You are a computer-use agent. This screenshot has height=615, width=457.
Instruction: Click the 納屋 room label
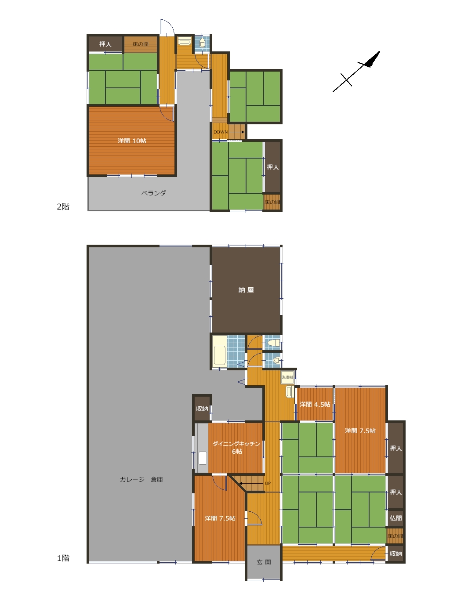[x=246, y=290]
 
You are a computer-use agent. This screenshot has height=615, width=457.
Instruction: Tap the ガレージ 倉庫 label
[x=141, y=479]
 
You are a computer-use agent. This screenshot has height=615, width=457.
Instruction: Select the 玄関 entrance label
[x=264, y=562]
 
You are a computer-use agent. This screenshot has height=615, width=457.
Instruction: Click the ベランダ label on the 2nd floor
[x=153, y=193]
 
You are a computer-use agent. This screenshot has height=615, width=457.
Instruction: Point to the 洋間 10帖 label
[x=132, y=141]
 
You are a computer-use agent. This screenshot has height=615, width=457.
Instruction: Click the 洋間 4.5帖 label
[x=315, y=405]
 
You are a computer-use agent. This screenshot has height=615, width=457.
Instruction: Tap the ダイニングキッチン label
[x=236, y=444]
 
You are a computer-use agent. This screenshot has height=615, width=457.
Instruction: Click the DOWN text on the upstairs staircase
[x=221, y=132]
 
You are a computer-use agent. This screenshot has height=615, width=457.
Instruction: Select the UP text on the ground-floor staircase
[x=268, y=484]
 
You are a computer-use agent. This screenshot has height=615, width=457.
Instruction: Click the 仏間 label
[x=395, y=518]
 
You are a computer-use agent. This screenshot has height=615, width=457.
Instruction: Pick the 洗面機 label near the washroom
[x=287, y=377]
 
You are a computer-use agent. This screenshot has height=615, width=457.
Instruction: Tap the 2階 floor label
[x=63, y=207]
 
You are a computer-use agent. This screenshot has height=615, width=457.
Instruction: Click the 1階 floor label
[x=63, y=558]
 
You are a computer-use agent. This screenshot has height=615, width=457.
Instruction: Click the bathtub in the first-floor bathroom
[x=219, y=356]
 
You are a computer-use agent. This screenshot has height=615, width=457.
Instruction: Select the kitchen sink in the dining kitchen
[x=203, y=458]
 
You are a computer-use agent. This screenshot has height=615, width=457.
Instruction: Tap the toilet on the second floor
[x=202, y=43]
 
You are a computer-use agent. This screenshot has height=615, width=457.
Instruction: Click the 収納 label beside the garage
[x=202, y=409]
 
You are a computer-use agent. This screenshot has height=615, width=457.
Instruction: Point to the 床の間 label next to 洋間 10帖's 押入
[x=141, y=44]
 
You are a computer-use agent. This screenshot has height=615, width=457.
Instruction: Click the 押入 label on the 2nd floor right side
[x=272, y=167]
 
